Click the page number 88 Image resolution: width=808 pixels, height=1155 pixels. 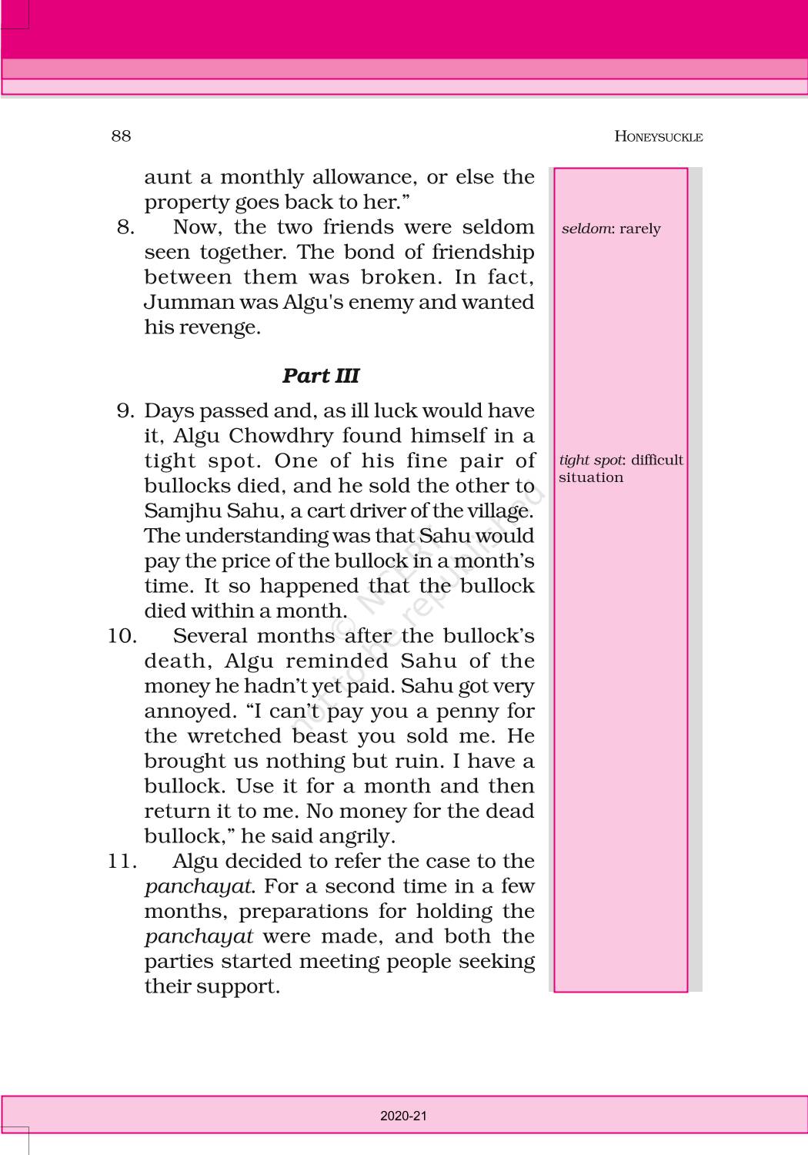coord(121,136)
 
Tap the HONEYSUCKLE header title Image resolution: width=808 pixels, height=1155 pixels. coord(658,137)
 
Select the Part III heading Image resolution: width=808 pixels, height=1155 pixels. coord(320,376)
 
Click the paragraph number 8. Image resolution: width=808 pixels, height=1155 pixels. coord(125,227)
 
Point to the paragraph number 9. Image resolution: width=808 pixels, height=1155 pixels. coord(125,410)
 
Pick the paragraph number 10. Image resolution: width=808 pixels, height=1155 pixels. coord(122,636)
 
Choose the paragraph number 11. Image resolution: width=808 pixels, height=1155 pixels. coord(122,861)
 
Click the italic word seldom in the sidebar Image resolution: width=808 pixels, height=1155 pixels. coord(586,229)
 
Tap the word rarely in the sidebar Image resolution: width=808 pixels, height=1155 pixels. coord(639,229)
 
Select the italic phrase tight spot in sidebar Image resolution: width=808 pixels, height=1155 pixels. coord(590,460)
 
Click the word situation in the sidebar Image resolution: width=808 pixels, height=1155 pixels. coord(591,477)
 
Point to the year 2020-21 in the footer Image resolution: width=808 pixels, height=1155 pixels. coord(403,1116)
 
